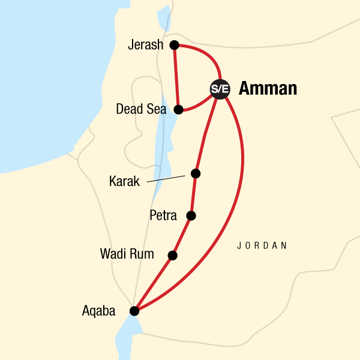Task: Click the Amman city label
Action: click(268, 89)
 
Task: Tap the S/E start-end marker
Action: click(219, 89)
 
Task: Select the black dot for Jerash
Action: click(174, 44)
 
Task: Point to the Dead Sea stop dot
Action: click(178, 109)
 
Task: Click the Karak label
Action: click(125, 181)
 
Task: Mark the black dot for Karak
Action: click(195, 173)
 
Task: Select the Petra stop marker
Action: click(191, 215)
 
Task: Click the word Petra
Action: click(163, 215)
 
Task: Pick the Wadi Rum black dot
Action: click(173, 255)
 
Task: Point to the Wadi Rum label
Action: click(126, 254)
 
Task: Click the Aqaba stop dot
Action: click(134, 311)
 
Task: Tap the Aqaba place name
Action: click(100, 311)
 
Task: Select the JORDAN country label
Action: click(262, 245)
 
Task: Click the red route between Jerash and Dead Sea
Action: click(176, 77)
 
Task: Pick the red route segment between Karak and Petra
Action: click(193, 194)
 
